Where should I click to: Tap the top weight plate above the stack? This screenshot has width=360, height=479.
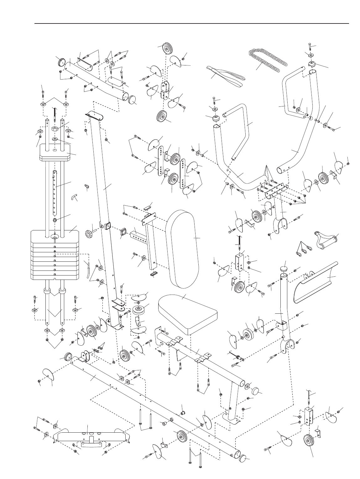click(55, 155)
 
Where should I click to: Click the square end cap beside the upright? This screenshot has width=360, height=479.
click(122, 233)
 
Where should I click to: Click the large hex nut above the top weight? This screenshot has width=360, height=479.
click(55, 129)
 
